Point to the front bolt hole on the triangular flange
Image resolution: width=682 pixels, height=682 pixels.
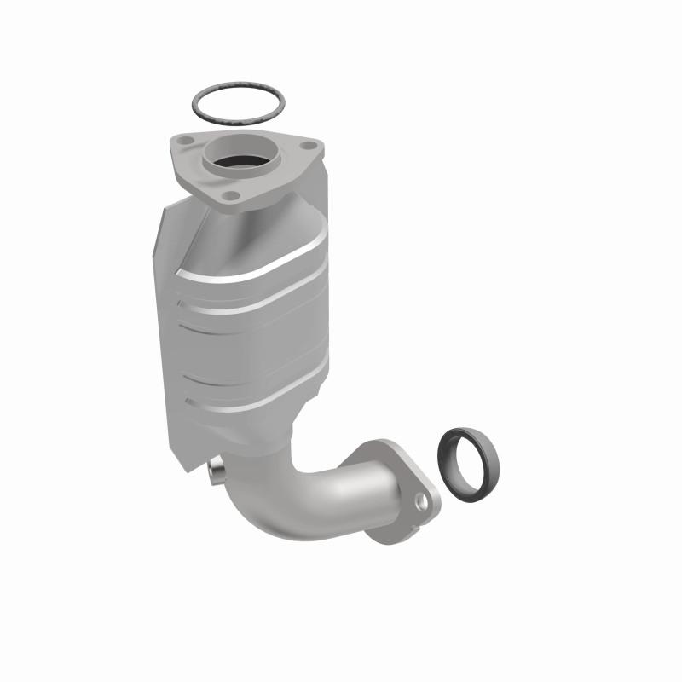[x=229, y=196]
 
